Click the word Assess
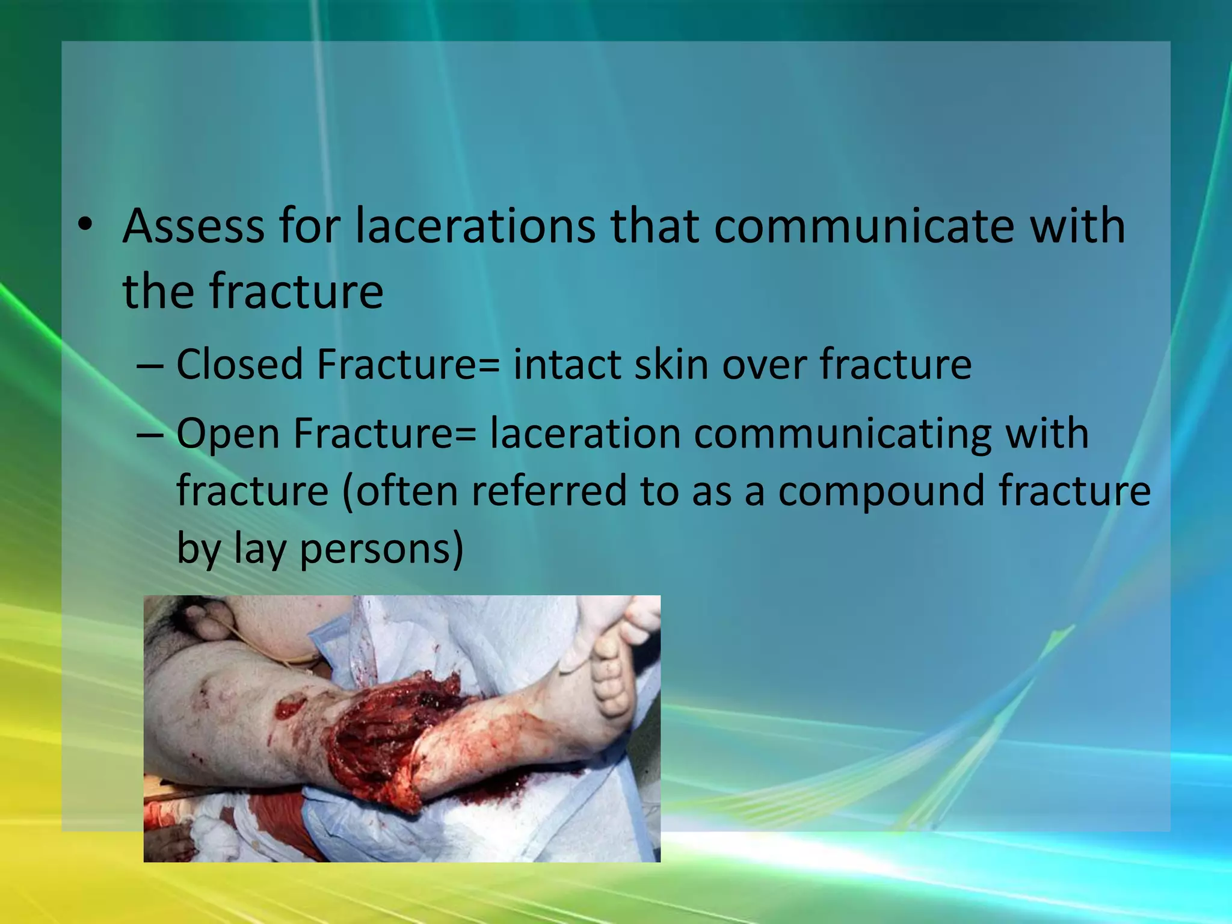(192, 226)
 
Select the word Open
(228, 434)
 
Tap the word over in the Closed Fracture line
(763, 365)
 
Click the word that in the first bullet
(655, 226)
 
